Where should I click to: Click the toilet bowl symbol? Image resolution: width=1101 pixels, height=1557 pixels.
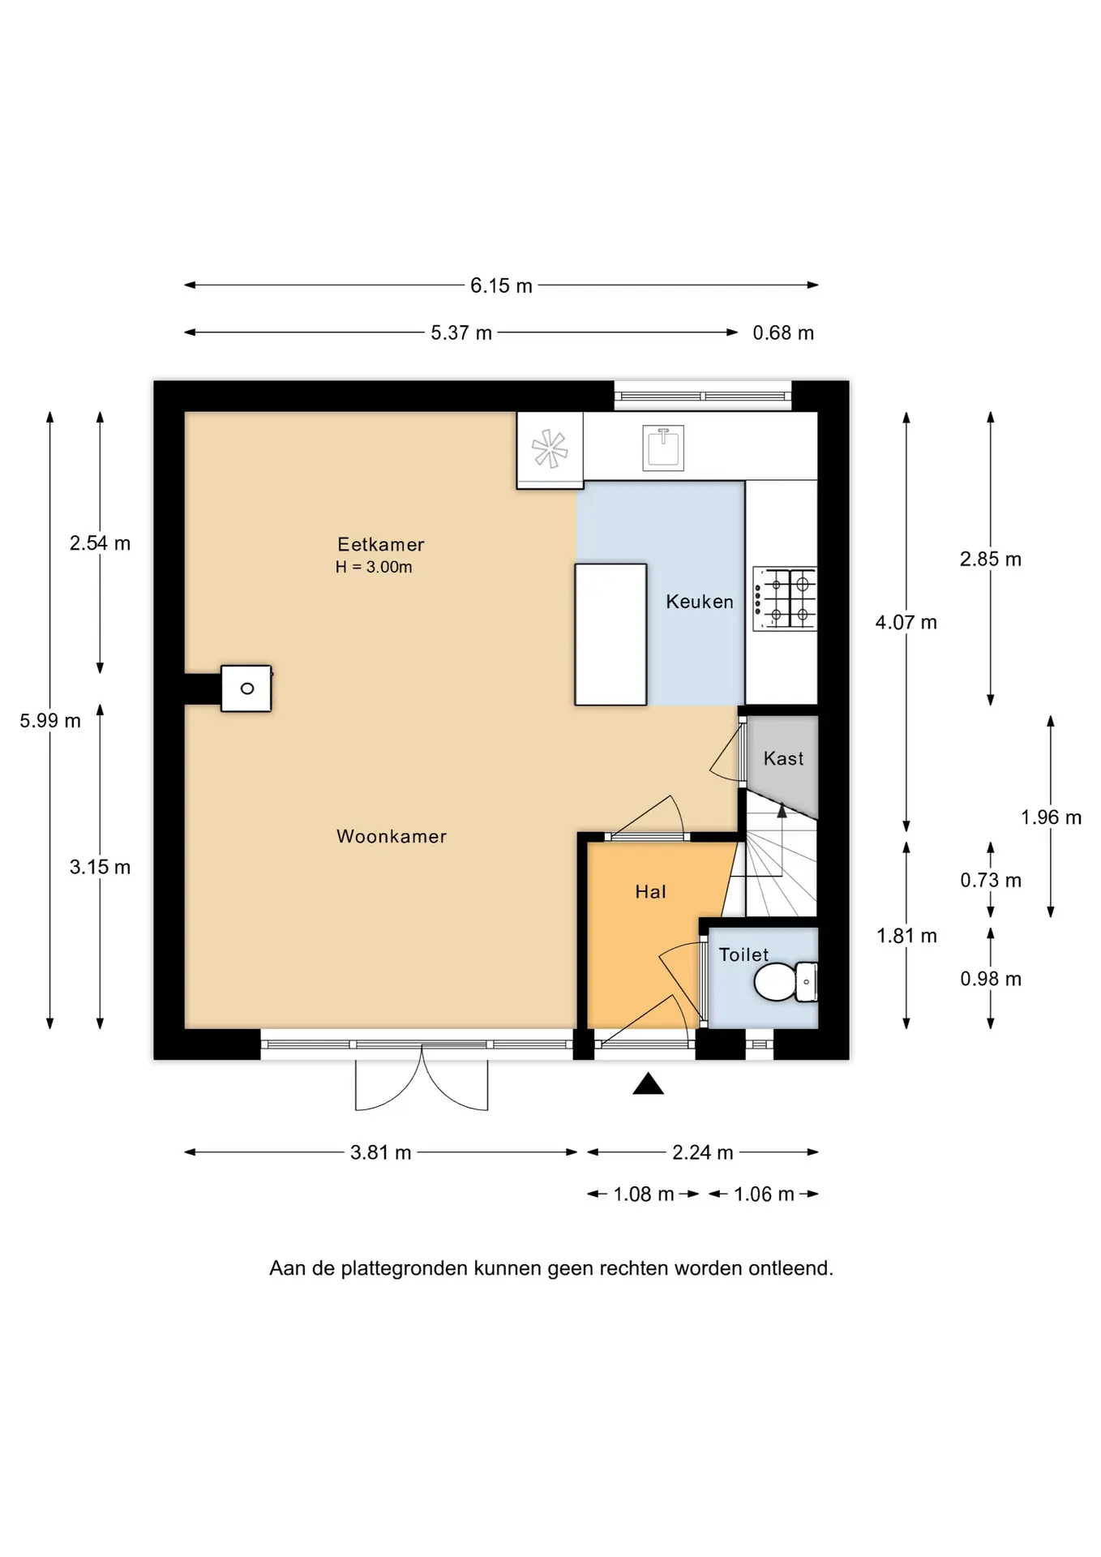point(786,982)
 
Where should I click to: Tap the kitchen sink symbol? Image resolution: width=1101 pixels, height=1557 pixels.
point(663,448)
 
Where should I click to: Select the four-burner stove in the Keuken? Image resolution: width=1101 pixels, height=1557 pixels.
point(784,598)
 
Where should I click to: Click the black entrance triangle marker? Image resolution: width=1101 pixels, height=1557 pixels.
point(648,1083)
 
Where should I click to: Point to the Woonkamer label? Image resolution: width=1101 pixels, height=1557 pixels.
point(392,836)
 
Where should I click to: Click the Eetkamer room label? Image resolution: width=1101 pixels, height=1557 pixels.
point(381,544)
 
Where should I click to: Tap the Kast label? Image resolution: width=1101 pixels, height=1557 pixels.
point(783,758)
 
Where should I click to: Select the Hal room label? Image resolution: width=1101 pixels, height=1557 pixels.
point(650,892)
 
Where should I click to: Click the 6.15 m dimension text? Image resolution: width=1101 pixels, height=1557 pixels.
point(501,285)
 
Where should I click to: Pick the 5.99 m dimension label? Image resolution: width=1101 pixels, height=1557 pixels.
point(50,720)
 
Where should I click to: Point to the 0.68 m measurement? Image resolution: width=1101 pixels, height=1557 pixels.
point(783,332)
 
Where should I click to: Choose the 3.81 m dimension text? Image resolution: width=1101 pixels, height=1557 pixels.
point(380,1152)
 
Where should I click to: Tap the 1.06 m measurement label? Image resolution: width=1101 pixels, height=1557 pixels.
point(764,1195)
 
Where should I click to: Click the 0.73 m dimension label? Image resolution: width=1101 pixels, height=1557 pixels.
point(991,880)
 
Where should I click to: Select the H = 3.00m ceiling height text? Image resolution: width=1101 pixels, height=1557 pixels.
point(374,568)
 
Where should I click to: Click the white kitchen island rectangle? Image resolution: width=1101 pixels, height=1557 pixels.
point(610,634)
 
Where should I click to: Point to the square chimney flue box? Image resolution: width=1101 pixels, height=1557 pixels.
point(246,688)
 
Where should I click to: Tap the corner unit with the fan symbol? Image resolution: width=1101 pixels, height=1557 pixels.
point(550,450)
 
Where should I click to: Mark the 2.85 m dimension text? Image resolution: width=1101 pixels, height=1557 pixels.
point(991,559)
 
